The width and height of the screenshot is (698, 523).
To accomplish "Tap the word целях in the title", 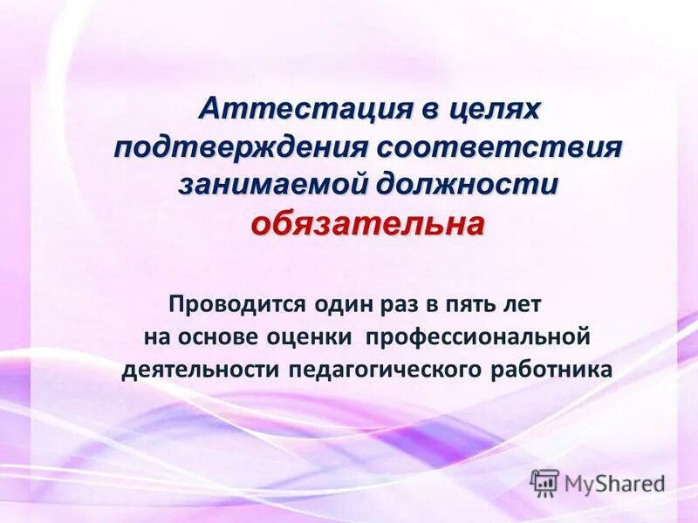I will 495,110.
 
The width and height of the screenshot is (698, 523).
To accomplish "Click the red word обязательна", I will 367,225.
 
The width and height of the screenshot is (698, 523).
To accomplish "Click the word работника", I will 551,370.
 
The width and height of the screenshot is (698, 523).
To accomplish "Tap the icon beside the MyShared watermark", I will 545,483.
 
